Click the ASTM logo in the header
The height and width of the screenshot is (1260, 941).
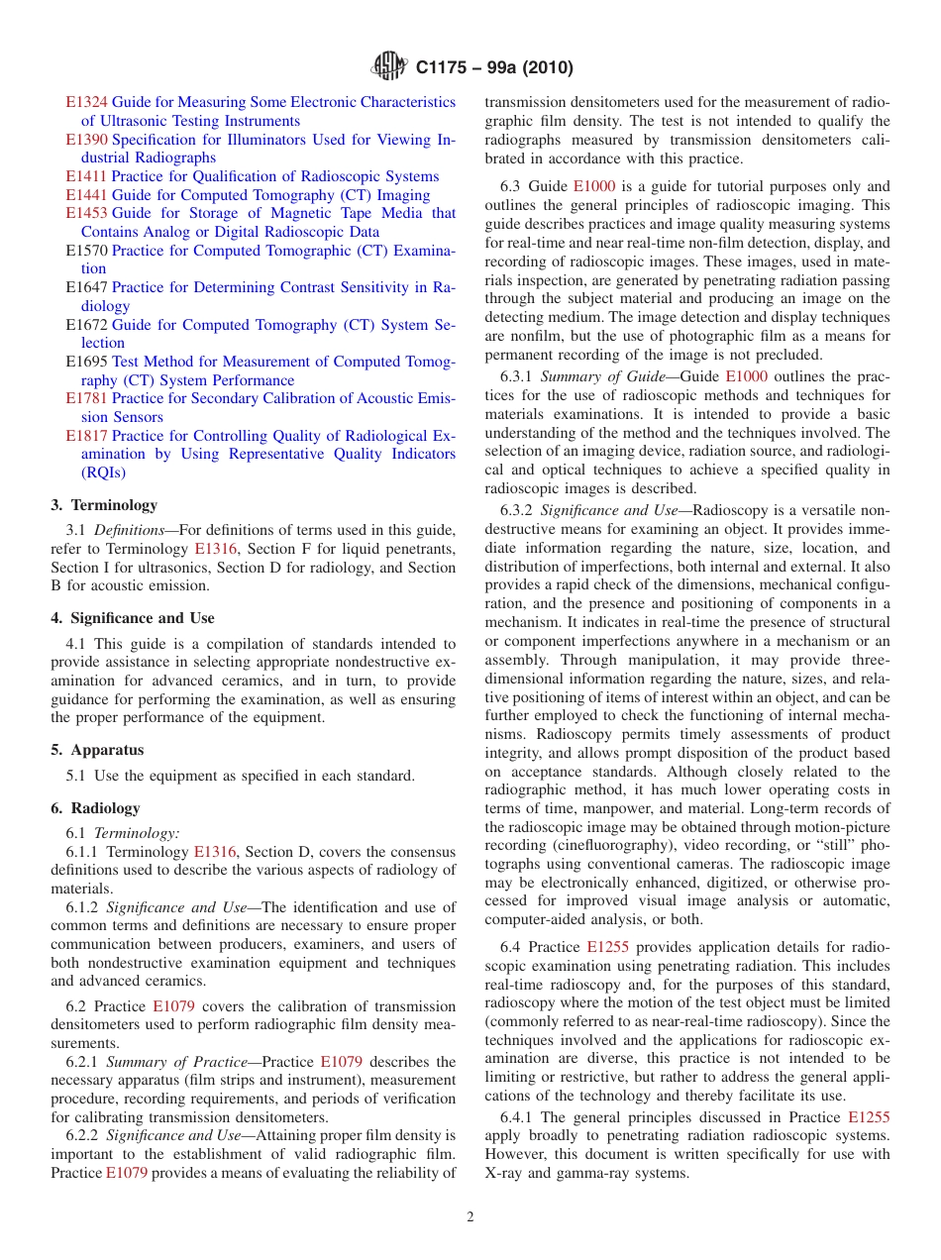[x=388, y=66]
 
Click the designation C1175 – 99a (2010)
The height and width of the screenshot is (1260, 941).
[x=494, y=67]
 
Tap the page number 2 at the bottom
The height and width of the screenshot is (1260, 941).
[x=470, y=1216]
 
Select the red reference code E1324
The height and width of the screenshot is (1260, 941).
[x=86, y=102]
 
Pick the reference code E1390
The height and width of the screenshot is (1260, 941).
[x=86, y=140]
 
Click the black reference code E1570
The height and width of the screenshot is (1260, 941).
[x=86, y=251]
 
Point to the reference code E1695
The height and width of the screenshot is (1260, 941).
[x=86, y=362]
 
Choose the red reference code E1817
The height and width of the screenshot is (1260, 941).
[x=86, y=436]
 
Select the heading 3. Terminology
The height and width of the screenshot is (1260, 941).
[x=104, y=505]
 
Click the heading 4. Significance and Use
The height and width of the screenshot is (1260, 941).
[x=133, y=618]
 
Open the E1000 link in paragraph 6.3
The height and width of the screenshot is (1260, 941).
[x=593, y=186]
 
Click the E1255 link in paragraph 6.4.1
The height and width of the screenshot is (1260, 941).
[x=869, y=1117]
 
